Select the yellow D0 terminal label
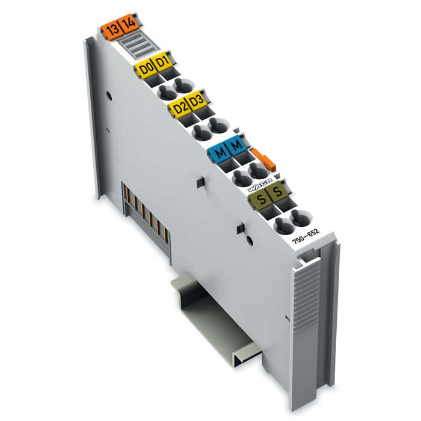pos(146,68)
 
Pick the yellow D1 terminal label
pos(161,62)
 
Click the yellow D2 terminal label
pos(179,108)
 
